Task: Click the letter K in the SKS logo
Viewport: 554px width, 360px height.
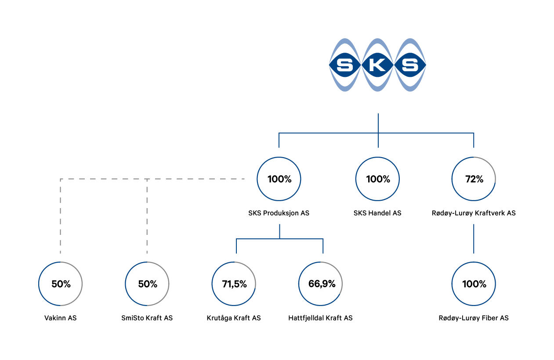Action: point(377,65)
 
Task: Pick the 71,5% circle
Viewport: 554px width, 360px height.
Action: point(234,262)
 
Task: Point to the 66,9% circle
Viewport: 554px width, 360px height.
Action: point(321,262)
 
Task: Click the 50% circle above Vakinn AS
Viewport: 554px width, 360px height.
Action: point(60,262)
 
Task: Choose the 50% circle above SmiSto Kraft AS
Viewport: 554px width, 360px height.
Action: point(147,262)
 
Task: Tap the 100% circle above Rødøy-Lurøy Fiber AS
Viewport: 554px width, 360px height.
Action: point(474,262)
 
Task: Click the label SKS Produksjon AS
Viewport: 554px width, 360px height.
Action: point(279,213)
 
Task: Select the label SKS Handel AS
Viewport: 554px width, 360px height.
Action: point(377,213)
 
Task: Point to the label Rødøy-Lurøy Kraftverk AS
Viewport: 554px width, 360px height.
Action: point(474,213)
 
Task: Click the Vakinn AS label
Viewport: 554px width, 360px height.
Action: point(60,318)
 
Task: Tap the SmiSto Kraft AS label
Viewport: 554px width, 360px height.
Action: point(147,318)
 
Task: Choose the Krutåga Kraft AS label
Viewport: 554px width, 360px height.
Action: point(234,318)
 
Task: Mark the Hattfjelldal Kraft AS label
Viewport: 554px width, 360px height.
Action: point(321,318)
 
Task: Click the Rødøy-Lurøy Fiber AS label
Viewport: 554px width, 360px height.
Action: point(474,318)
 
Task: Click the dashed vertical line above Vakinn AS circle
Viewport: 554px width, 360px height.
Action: point(60,216)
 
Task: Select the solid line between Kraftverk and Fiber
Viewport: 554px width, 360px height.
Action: point(474,239)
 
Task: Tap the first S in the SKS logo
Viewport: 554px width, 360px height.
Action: point(345,65)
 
